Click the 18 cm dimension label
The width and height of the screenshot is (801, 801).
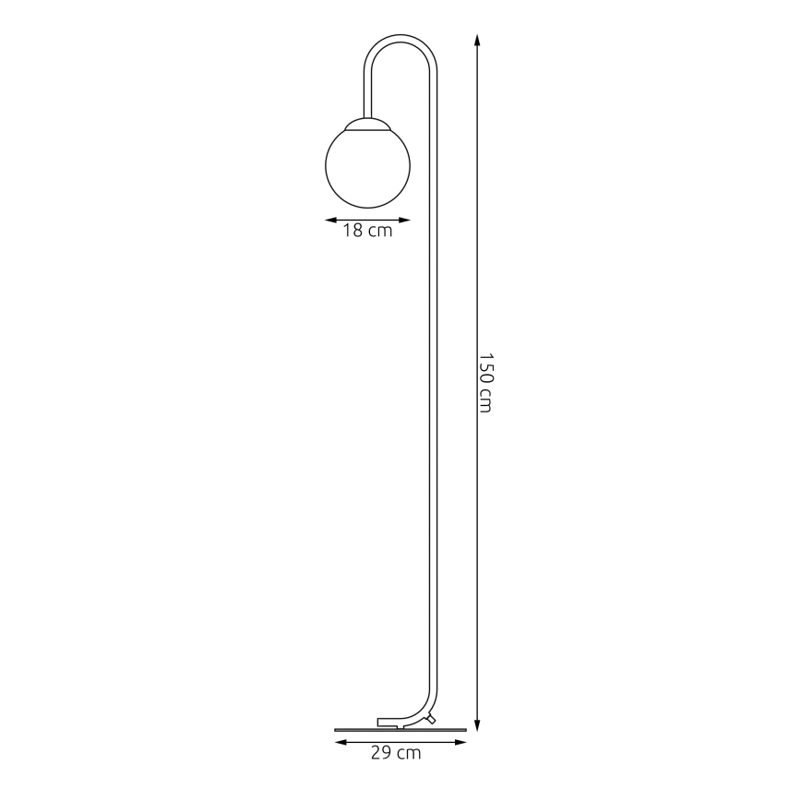(x=367, y=232)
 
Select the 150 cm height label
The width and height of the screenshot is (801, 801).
(x=485, y=382)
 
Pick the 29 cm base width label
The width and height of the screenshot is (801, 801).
(x=396, y=754)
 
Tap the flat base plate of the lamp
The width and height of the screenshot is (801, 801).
(x=400, y=729)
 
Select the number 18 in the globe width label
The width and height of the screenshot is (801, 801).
(x=353, y=232)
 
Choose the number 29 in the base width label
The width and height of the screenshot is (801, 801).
(x=380, y=754)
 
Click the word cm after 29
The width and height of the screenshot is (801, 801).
(x=409, y=754)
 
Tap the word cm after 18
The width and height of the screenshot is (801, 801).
(x=380, y=232)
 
